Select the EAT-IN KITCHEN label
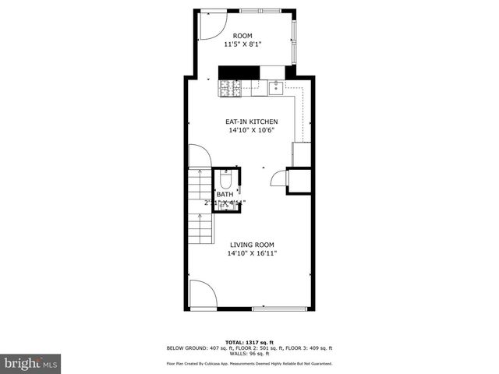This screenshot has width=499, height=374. [x=252, y=122]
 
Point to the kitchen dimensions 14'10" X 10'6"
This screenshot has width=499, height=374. [x=252, y=131]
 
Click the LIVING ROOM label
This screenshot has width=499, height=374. [x=252, y=245]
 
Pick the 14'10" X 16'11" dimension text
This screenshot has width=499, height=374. [x=252, y=254]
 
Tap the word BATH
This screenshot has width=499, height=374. [x=225, y=195]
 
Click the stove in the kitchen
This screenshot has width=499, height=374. [x=229, y=90]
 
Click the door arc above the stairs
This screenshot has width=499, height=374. [x=198, y=156]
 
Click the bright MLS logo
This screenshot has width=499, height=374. [x=31, y=363]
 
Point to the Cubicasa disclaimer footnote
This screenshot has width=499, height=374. [x=249, y=364]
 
